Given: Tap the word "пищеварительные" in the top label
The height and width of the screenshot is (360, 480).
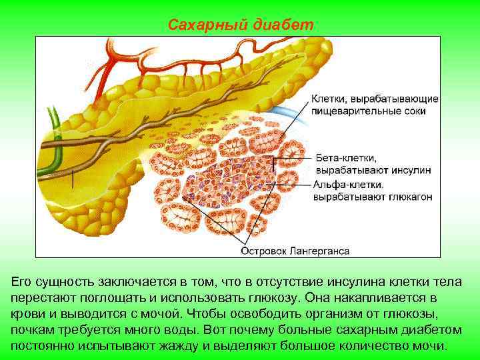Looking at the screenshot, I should click(x=359, y=111).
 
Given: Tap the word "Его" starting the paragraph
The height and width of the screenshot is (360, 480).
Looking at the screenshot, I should click(x=23, y=280).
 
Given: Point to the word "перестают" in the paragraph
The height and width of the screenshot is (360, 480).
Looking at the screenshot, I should click(x=45, y=297).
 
